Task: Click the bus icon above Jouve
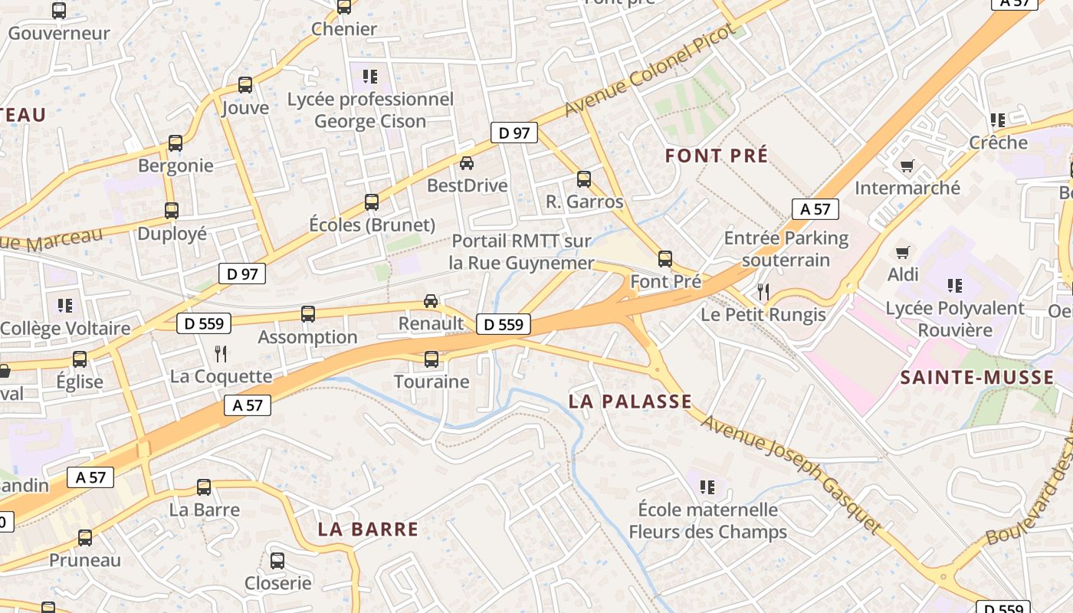click(245, 85)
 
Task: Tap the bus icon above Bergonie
click(176, 143)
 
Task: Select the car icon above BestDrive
click(466, 162)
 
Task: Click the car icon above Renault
click(431, 300)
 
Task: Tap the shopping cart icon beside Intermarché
click(907, 166)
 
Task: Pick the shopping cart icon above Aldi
click(903, 252)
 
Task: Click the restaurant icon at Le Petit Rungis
click(763, 291)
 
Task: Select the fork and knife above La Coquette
click(221, 353)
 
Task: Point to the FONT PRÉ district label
click(716, 156)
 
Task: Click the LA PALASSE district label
click(630, 402)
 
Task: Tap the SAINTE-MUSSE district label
click(976, 377)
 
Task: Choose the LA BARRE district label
click(368, 529)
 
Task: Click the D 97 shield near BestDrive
click(514, 133)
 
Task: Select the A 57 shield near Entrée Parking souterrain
click(815, 209)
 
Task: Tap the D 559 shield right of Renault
click(504, 325)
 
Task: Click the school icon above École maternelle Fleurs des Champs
click(707, 487)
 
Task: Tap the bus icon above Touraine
click(431, 359)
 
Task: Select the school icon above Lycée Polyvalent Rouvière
click(954, 286)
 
